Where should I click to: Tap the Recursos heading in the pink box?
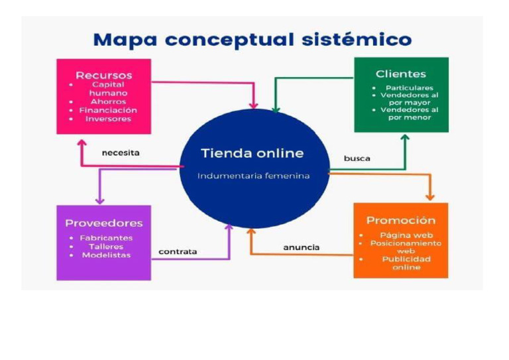point(103,74)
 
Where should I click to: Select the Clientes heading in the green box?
point(400,74)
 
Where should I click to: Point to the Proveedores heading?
point(103,223)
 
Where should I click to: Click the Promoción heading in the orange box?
point(400,220)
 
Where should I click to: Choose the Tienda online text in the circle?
point(253,153)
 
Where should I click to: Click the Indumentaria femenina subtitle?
point(254,176)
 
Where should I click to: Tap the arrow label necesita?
point(121,152)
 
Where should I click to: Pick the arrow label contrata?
point(178,252)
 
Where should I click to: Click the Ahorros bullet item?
point(108,102)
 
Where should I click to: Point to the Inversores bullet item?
point(108,119)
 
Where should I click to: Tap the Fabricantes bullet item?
point(106,238)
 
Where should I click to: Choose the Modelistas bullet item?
point(106,255)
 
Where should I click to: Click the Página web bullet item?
point(406,235)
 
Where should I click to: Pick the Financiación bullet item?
point(108,111)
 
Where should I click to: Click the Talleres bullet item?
point(105,247)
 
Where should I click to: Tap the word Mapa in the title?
point(125,40)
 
